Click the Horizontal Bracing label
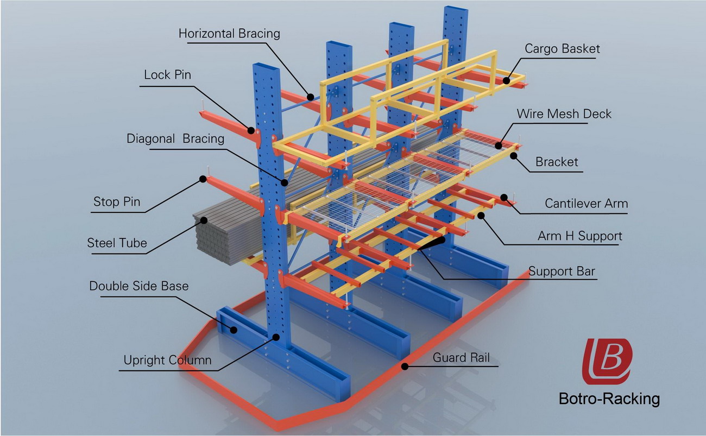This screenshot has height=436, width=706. pyautogui.click(x=229, y=34)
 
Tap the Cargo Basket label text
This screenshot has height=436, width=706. pyautogui.click(x=562, y=48)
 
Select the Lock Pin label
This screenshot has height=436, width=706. pyautogui.click(x=167, y=74)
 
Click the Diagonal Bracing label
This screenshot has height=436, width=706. pyautogui.click(x=175, y=138)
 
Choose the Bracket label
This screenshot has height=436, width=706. pyautogui.click(x=557, y=162)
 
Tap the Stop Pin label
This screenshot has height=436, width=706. pyautogui.click(x=117, y=203)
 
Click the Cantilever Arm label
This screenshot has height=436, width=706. pyautogui.click(x=586, y=204)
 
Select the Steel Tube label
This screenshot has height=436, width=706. pyautogui.click(x=117, y=243)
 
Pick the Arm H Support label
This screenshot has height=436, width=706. pyautogui.click(x=579, y=236)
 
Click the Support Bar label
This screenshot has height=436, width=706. pyautogui.click(x=562, y=271)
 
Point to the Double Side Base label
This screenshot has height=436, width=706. pyautogui.click(x=138, y=286)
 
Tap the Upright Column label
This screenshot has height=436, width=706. pyautogui.click(x=167, y=360)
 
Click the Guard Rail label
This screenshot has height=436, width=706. pyautogui.click(x=461, y=357)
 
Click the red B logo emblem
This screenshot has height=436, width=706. pyautogui.click(x=607, y=361)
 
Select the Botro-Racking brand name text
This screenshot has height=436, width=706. pyautogui.click(x=609, y=399)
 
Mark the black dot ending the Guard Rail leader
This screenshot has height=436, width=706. pyautogui.click(x=404, y=367)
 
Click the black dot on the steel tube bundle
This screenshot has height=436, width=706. pyautogui.click(x=204, y=220)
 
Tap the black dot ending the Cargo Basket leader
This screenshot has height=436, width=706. pyautogui.click(x=506, y=81)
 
